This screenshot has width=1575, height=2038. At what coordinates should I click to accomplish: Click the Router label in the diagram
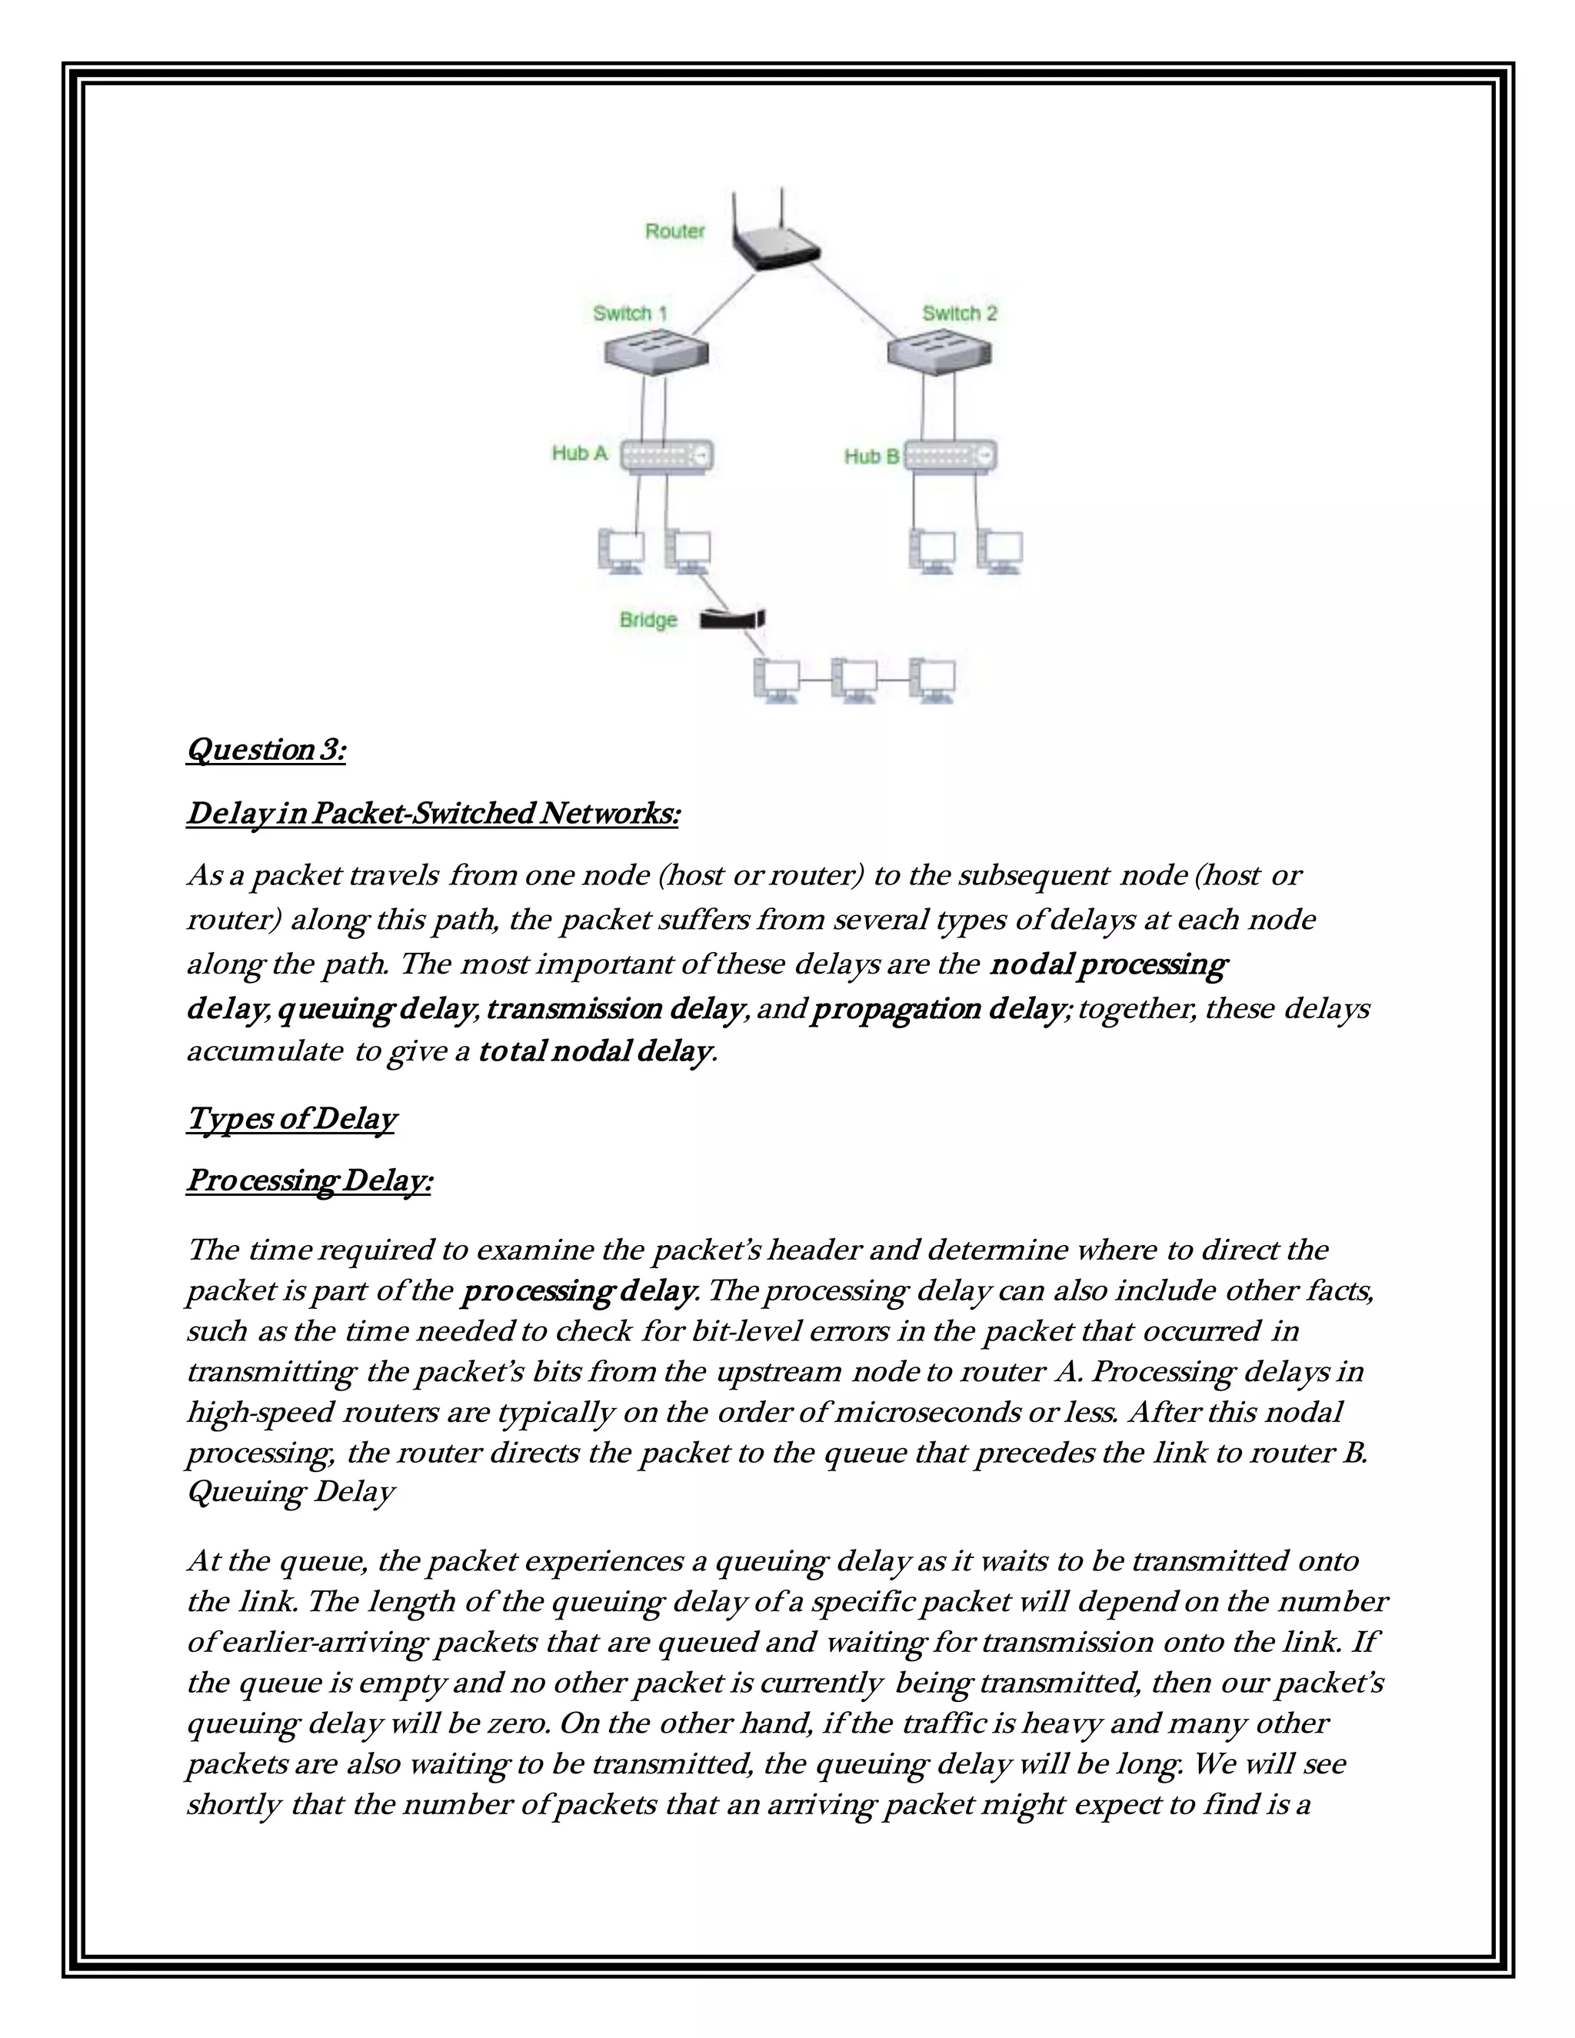(x=674, y=231)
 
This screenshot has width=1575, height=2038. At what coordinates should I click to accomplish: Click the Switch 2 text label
(x=959, y=314)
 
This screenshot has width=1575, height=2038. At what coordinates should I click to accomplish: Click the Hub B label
(x=871, y=456)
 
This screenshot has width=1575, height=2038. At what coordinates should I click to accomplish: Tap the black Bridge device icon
(x=734, y=618)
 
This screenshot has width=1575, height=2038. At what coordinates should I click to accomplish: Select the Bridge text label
(x=648, y=620)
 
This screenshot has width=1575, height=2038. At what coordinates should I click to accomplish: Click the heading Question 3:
(x=266, y=749)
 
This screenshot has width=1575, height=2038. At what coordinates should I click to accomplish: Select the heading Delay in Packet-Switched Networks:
(x=433, y=813)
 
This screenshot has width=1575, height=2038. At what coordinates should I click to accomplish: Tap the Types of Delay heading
(x=291, y=1118)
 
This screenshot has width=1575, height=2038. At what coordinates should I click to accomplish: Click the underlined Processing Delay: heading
(x=309, y=1181)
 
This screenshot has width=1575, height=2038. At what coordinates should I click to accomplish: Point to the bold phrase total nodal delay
(x=594, y=1051)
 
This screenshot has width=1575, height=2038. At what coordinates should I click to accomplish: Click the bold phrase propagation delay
(x=937, y=1009)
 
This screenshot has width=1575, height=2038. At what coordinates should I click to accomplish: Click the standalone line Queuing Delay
(x=290, y=1491)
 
